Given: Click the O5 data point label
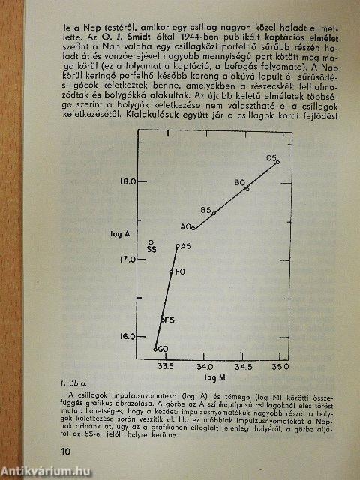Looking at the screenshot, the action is click(x=271, y=157).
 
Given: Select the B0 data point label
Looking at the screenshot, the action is click(x=240, y=182).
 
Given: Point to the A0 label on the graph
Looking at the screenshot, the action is click(x=185, y=226).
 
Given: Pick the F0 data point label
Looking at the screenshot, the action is click(x=180, y=271).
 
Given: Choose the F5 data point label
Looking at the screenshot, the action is click(x=169, y=320).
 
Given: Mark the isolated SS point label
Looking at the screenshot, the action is click(x=151, y=248).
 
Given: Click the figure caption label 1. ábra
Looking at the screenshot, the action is click(x=73, y=382).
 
